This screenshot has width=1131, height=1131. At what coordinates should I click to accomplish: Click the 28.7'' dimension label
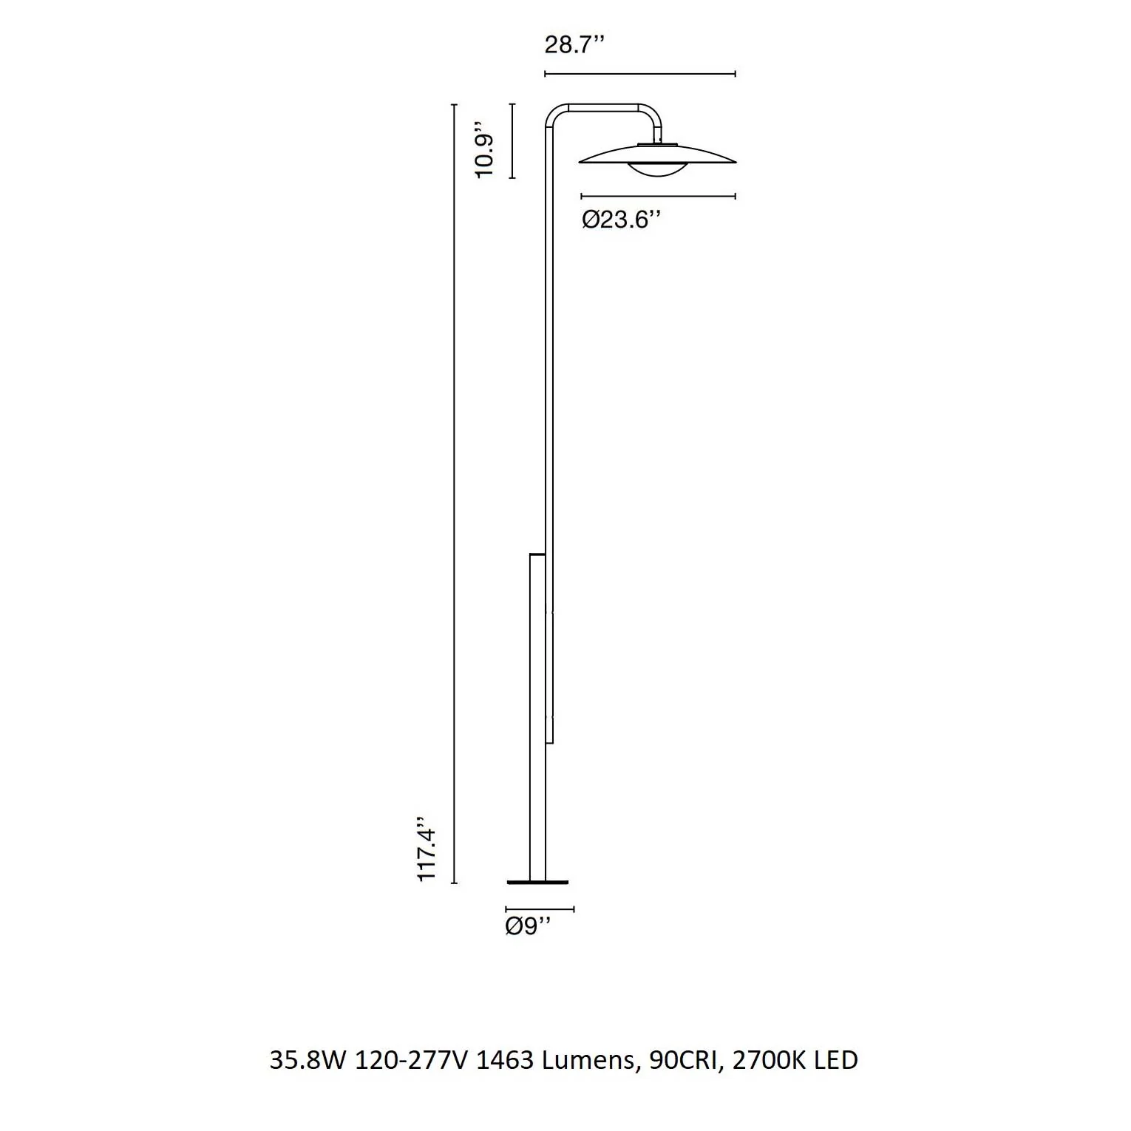[x=574, y=44]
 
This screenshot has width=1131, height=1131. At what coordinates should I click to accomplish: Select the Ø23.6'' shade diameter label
[x=619, y=220]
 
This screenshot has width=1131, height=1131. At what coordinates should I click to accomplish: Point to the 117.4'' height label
[x=427, y=849]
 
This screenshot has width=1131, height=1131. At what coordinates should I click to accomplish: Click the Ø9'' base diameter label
[x=529, y=926]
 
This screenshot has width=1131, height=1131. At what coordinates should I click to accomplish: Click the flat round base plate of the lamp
[x=538, y=882]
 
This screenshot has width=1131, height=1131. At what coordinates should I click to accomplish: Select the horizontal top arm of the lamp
[x=603, y=108]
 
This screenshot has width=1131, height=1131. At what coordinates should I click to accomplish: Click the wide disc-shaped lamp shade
[x=657, y=154]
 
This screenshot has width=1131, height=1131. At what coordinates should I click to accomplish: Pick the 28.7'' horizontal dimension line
[x=640, y=74]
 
